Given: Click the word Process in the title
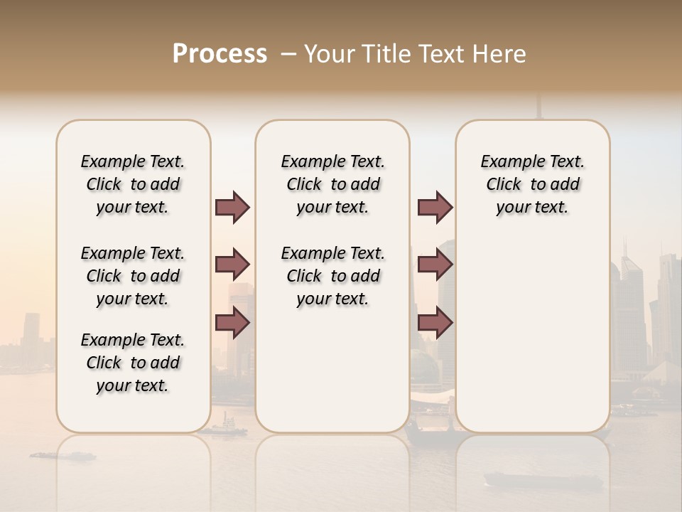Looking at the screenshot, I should pos(220,54).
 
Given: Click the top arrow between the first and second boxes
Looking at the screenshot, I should pos(232,208).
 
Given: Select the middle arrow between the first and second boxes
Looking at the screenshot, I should pos(232,265).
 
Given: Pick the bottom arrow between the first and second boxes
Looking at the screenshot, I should pos(232,322).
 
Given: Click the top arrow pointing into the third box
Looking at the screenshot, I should pos(435,208).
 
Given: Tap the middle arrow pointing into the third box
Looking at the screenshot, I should pos(435,265).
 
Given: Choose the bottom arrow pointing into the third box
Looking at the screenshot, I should pos(435,322).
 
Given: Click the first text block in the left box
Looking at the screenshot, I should pos(133,184).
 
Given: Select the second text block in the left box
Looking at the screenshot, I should pos(133,276).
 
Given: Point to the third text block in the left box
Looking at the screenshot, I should pos(133,363).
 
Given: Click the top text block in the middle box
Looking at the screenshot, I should pos(333,184).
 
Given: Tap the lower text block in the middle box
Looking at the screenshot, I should pos(333,276).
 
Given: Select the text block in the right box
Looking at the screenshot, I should pos(533,184).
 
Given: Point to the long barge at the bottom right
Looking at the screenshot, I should pos(543,480).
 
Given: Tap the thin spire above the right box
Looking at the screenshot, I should pos(538,107).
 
